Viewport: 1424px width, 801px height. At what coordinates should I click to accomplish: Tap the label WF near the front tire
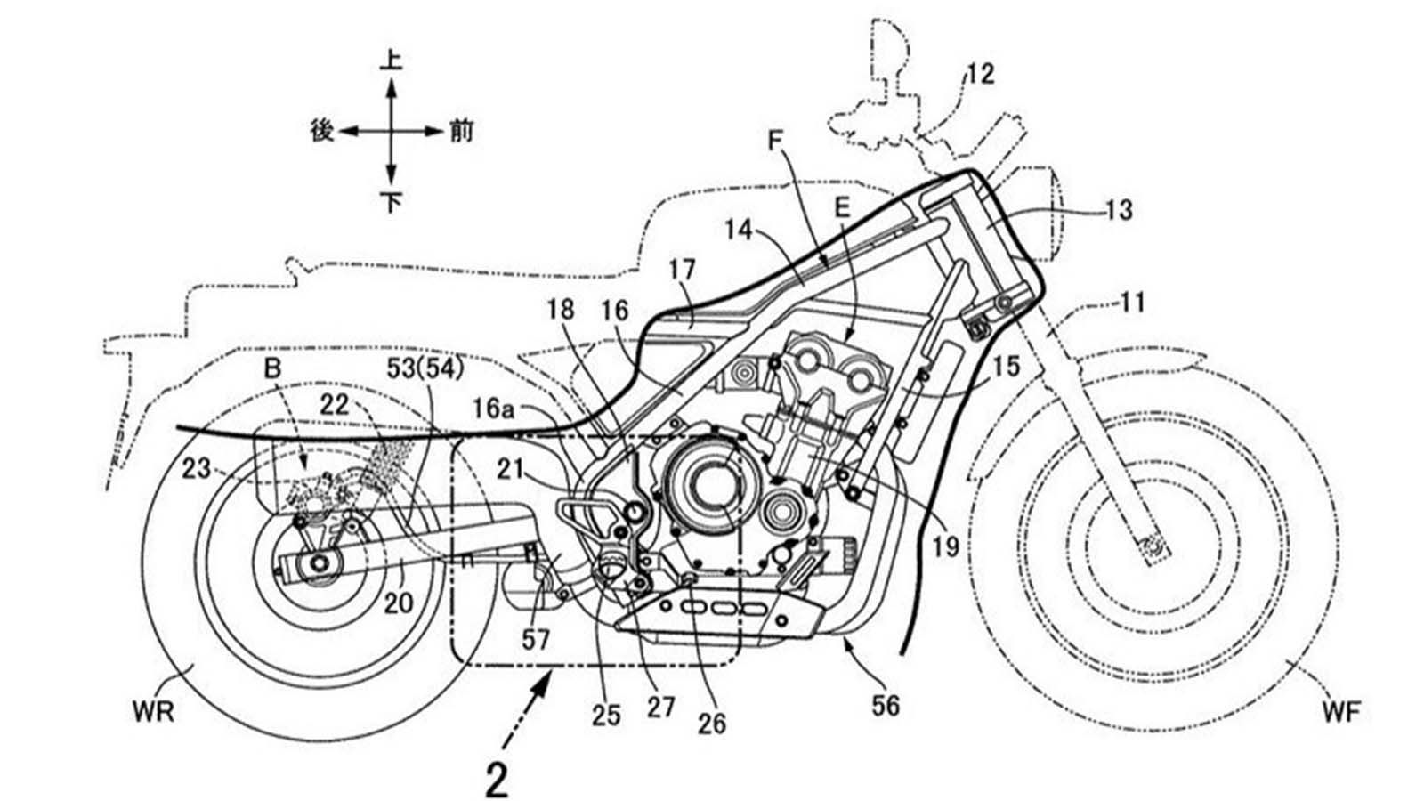pos(1341,711)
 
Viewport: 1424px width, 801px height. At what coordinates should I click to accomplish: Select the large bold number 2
pos(497,780)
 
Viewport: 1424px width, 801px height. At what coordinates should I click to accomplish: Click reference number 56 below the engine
pos(886,706)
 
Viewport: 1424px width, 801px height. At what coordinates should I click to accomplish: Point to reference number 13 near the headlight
pos(1118,210)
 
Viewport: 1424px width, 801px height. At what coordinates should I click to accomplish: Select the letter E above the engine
pos(842,208)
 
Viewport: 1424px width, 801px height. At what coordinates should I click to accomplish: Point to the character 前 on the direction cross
pos(461,132)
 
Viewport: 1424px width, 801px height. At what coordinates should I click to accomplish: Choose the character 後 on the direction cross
pos(321,131)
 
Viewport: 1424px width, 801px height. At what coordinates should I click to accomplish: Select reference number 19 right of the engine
pos(945,546)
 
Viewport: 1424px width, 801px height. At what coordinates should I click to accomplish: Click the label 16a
pos(493,409)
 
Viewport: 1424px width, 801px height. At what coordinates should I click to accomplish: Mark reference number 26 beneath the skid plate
pos(712,722)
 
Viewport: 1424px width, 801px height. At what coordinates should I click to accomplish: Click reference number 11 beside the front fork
pos(1131,304)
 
